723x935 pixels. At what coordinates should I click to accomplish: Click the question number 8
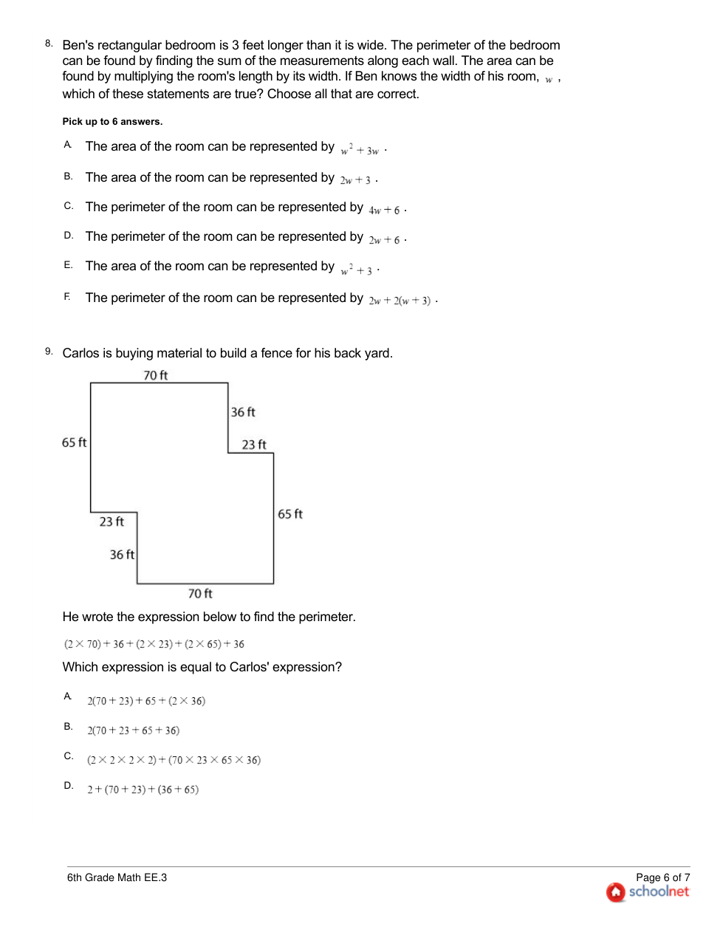click(49, 44)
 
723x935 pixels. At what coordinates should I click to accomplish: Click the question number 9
click(49, 352)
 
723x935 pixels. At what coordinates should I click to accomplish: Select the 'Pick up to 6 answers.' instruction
click(112, 122)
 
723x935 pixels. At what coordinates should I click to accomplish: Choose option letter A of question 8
click(67, 145)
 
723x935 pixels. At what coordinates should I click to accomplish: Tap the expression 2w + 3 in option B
click(355, 180)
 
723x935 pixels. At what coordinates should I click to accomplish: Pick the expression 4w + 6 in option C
click(384, 210)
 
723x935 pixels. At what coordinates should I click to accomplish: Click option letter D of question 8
click(68, 236)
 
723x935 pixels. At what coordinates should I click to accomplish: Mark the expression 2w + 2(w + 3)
click(400, 301)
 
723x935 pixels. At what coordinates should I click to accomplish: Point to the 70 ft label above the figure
click(155, 375)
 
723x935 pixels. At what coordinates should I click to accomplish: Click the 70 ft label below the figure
click(199, 594)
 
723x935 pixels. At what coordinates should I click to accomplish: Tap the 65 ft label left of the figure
click(74, 442)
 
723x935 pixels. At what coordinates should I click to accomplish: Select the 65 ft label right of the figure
click(290, 514)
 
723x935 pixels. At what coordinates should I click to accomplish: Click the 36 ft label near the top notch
click(243, 412)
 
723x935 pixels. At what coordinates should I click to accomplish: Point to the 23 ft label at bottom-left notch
click(112, 521)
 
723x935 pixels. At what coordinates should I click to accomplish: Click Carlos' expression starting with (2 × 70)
click(154, 644)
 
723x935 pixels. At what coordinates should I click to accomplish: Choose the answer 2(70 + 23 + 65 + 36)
click(133, 730)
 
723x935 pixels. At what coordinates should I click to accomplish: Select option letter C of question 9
click(68, 756)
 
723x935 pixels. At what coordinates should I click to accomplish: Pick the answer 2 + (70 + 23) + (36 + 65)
click(143, 790)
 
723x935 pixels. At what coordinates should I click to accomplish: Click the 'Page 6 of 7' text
click(662, 877)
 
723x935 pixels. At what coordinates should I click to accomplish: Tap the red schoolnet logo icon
click(615, 892)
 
